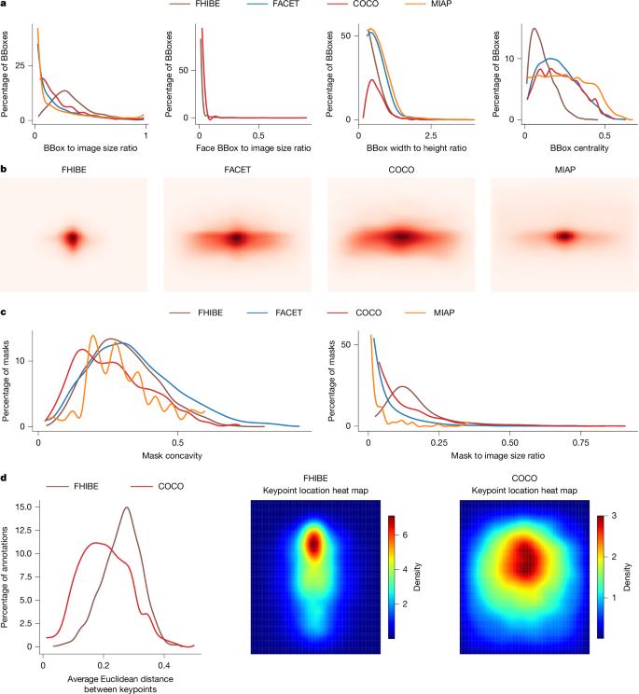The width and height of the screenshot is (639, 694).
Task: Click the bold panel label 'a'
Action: pyautogui.click(x=5, y=7)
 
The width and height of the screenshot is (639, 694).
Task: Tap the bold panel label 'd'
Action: pyautogui.click(x=5, y=478)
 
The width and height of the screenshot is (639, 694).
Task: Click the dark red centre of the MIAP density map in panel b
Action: pyautogui.click(x=563, y=236)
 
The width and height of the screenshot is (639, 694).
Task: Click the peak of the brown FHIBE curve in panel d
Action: pyautogui.click(x=125, y=507)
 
